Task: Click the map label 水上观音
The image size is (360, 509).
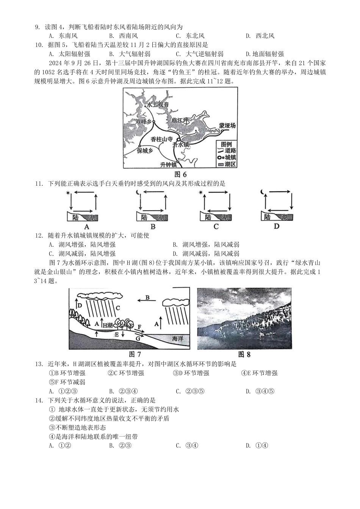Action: coord(158,104)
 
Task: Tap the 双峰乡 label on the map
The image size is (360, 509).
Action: coord(144,121)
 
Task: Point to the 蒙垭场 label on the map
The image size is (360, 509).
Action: coord(227,125)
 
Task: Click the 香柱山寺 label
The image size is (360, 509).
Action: coord(162,139)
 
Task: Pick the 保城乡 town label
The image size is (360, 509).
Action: coord(145,150)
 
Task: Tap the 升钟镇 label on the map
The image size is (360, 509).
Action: coord(168,164)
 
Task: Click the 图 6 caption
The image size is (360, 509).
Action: coord(180,174)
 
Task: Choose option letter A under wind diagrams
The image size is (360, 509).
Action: coord(86,227)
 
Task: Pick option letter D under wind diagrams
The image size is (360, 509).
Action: coord(276,226)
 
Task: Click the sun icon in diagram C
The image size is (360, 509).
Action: coord(200,193)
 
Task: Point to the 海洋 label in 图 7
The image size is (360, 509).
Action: coord(177,338)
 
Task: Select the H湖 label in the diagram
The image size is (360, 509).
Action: coord(107,325)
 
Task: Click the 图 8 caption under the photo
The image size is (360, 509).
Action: coord(244,354)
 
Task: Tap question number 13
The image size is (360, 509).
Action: coord(38,364)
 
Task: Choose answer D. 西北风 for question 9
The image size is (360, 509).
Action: coord(260,36)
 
